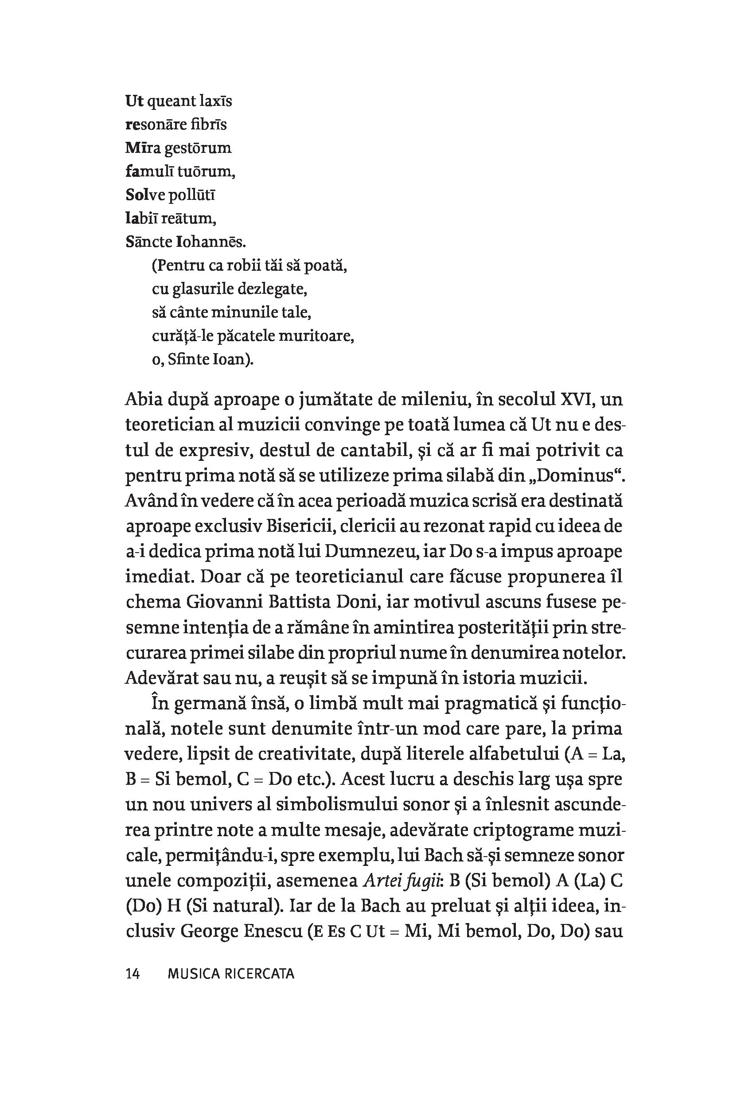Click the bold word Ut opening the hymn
134,101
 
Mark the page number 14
133,974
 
